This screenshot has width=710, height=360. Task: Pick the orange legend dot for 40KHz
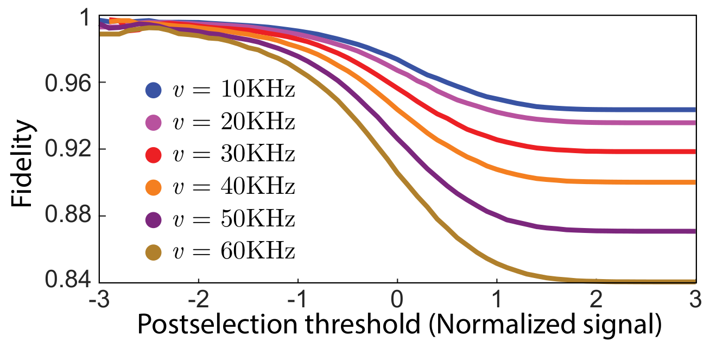154,187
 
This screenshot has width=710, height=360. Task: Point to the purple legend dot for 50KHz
154,220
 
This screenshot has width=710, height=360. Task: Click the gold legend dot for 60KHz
154,252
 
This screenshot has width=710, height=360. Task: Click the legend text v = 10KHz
233,90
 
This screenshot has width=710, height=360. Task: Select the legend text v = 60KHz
233,252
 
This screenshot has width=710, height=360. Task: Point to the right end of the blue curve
694,110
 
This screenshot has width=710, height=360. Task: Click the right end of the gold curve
694,281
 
